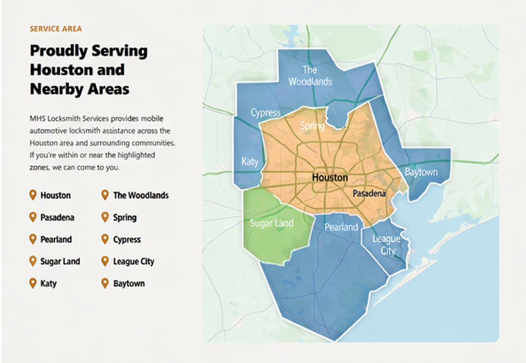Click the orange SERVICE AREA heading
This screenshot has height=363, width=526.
click(55, 29)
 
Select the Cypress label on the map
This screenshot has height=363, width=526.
click(265, 113)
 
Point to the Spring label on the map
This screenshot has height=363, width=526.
click(312, 126)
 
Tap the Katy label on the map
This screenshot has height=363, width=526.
click(250, 161)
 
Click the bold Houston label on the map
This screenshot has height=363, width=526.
click(330, 178)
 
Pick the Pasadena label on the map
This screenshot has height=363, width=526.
click(368, 193)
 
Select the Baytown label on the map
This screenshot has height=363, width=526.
click(421, 172)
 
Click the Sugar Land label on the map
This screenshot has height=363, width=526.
click(271, 223)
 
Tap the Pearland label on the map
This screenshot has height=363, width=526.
click(341, 227)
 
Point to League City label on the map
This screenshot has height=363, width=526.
click(387, 245)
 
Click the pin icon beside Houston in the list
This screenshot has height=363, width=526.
click(33, 195)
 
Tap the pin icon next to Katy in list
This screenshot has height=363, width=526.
click(33, 283)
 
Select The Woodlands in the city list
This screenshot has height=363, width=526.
click(141, 195)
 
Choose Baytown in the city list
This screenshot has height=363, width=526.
click(129, 284)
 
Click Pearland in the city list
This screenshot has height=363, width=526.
click(56, 240)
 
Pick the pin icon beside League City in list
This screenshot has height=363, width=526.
click(105, 261)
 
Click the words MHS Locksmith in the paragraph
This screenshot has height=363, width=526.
click(54, 119)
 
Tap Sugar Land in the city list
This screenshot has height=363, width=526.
click(60, 262)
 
